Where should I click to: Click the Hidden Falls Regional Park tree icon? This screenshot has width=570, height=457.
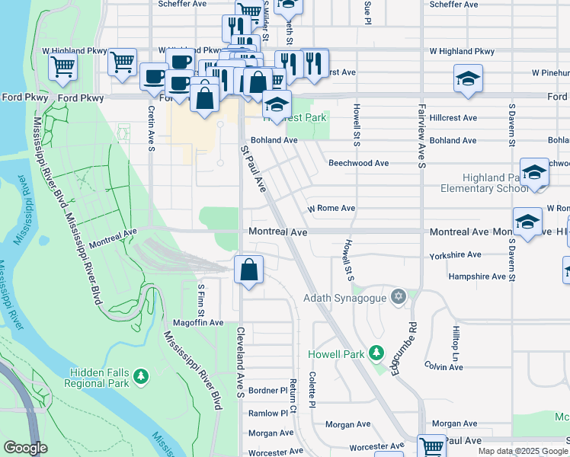pyautogui.click(x=140, y=376)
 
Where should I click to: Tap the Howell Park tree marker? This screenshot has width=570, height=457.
pyautogui.click(x=375, y=353)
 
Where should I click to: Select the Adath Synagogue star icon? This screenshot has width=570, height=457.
pyautogui.click(x=397, y=296)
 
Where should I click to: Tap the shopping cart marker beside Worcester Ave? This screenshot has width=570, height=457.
pyautogui.click(x=431, y=446)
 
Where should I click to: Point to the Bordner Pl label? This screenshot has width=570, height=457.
pyautogui.click(x=267, y=390)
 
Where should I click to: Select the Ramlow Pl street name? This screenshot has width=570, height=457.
pyautogui.click(x=267, y=413)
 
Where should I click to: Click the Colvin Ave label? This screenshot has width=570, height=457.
pyautogui.click(x=444, y=367)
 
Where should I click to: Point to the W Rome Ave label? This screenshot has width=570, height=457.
pyautogui.click(x=331, y=208)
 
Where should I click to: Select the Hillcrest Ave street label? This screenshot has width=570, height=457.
pyautogui.click(x=453, y=118)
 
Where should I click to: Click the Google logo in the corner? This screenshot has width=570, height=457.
pyautogui.click(x=25, y=448)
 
